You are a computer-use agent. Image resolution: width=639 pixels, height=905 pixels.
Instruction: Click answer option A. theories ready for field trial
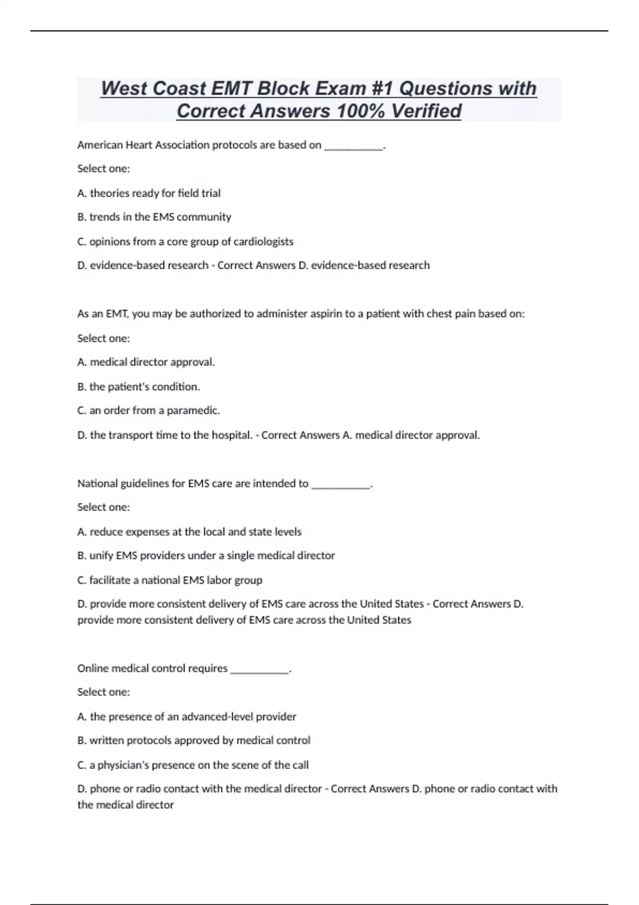tap(149, 193)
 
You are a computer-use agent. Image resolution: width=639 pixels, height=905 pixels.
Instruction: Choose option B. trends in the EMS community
tap(154, 217)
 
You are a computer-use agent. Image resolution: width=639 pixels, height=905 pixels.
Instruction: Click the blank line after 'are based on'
tap(354, 147)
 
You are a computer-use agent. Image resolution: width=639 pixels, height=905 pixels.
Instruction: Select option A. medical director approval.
tap(146, 363)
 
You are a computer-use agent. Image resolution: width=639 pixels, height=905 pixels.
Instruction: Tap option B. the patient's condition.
tap(139, 387)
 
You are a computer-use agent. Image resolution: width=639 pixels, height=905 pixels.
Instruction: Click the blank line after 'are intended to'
tap(341, 486)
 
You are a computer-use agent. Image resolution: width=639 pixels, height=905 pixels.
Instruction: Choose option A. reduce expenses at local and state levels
tap(190, 532)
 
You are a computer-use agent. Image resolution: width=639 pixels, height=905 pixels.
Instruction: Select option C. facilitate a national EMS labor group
tap(170, 580)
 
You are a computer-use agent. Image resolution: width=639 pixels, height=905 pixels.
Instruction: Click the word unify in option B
tap(101, 556)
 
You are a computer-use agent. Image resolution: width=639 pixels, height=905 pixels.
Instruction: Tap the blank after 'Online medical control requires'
tap(260, 671)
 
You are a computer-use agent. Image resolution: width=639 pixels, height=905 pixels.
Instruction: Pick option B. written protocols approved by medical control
tap(194, 741)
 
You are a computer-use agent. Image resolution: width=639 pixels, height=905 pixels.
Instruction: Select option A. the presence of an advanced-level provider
tap(187, 717)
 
